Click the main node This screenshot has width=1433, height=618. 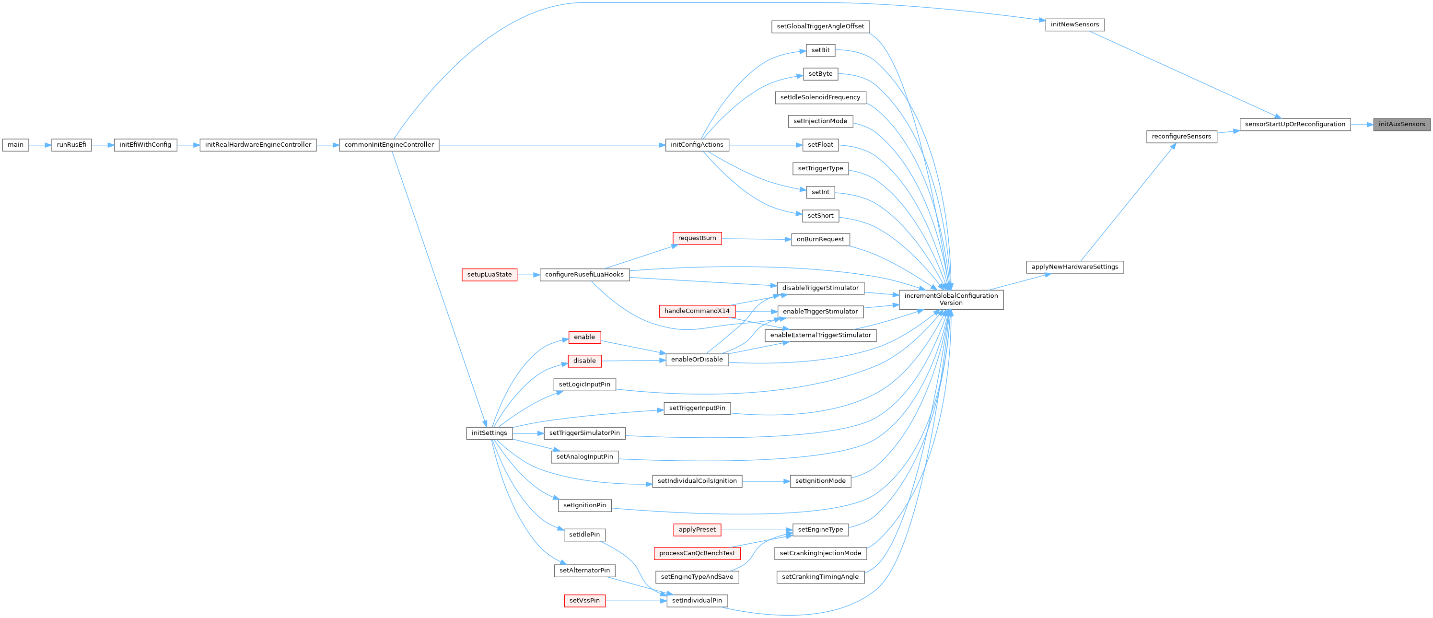15,145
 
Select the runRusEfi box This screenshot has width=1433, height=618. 71,145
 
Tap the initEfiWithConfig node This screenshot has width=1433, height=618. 145,145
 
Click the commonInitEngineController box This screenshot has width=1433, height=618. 389,145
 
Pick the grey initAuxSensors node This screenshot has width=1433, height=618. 1401,125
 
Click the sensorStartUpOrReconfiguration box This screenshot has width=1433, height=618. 1294,125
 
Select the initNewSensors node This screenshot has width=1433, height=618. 1074,25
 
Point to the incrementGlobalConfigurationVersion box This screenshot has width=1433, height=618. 951,299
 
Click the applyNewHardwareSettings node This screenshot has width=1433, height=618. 1074,267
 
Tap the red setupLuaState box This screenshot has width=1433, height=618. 489,275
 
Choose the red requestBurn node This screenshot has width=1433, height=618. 697,239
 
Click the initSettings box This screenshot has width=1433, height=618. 489,433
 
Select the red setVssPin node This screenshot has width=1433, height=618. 584,601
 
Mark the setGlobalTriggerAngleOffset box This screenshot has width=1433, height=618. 820,27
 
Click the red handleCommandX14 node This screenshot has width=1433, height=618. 697,312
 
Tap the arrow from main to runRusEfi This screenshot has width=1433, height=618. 40,145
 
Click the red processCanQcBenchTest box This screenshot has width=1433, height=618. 697,553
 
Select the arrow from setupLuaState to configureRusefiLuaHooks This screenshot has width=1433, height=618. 528,275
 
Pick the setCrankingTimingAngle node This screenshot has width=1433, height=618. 820,577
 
